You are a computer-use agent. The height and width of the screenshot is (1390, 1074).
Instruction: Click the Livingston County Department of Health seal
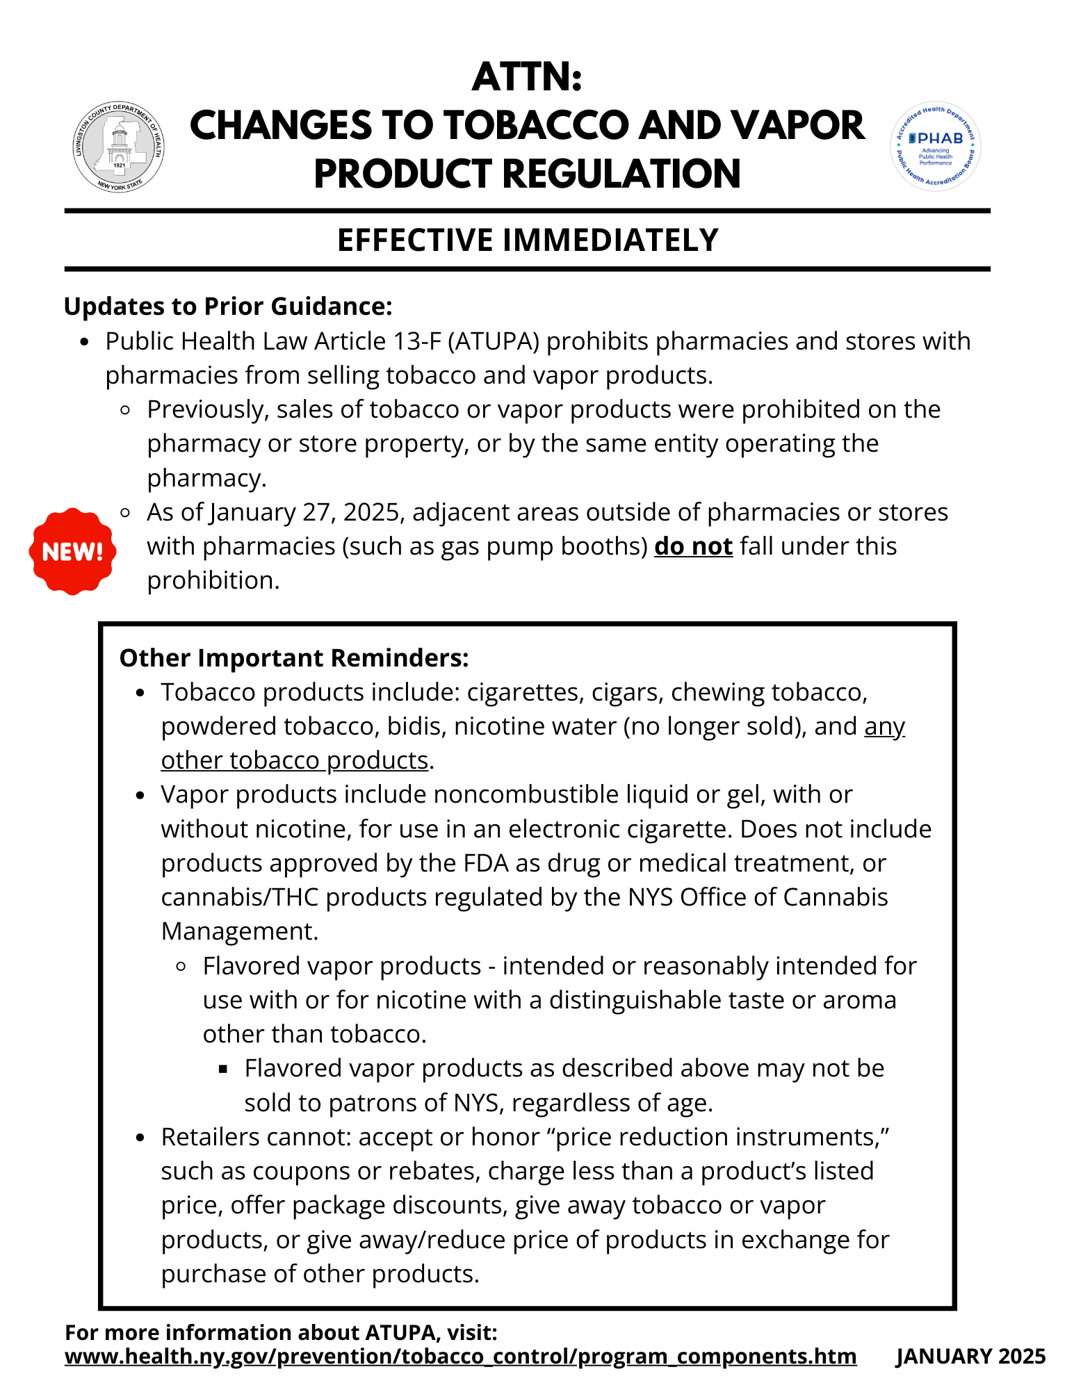119,147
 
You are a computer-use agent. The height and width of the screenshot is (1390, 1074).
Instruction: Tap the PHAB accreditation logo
935,147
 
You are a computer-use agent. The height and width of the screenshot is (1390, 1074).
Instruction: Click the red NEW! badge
72,551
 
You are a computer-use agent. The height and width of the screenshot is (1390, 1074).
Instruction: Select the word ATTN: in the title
527,76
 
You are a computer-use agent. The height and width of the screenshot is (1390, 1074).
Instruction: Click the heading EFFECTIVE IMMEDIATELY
528,240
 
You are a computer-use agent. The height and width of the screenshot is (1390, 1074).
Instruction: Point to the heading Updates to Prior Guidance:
228,306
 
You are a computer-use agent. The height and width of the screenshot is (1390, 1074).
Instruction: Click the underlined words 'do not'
693,546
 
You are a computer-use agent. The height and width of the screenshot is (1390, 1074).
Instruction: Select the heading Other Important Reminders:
294,657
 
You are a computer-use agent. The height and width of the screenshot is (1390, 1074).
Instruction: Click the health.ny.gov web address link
460,1356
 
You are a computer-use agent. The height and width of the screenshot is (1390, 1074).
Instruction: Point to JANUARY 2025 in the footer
970,1356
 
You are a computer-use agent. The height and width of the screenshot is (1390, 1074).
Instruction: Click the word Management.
239,931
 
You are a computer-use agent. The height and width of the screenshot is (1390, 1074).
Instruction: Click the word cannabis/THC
239,897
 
